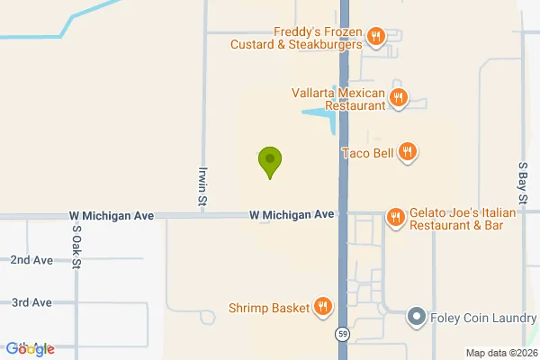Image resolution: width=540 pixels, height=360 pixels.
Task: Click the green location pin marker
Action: [269, 161]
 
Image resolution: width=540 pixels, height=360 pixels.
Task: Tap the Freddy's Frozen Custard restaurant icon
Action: [376, 37]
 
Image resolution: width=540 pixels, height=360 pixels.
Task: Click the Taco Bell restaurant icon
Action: [408, 152]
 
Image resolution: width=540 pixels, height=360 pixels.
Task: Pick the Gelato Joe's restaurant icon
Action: [395, 218]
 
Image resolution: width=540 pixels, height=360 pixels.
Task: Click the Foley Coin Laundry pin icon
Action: [416, 317]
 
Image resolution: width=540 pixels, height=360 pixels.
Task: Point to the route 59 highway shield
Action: [343, 334]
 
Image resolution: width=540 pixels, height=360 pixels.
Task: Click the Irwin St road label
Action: [203, 186]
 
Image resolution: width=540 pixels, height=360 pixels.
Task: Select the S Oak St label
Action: [76, 242]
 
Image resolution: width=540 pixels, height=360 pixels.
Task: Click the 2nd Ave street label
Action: [31, 260]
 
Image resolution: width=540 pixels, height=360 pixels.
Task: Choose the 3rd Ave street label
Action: [31, 302]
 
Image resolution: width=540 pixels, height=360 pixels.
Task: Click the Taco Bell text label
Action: [368, 153]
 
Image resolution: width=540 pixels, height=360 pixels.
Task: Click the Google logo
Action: [30, 349]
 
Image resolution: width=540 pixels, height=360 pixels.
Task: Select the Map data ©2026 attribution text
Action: [500, 352]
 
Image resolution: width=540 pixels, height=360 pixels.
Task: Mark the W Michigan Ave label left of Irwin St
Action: [112, 216]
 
